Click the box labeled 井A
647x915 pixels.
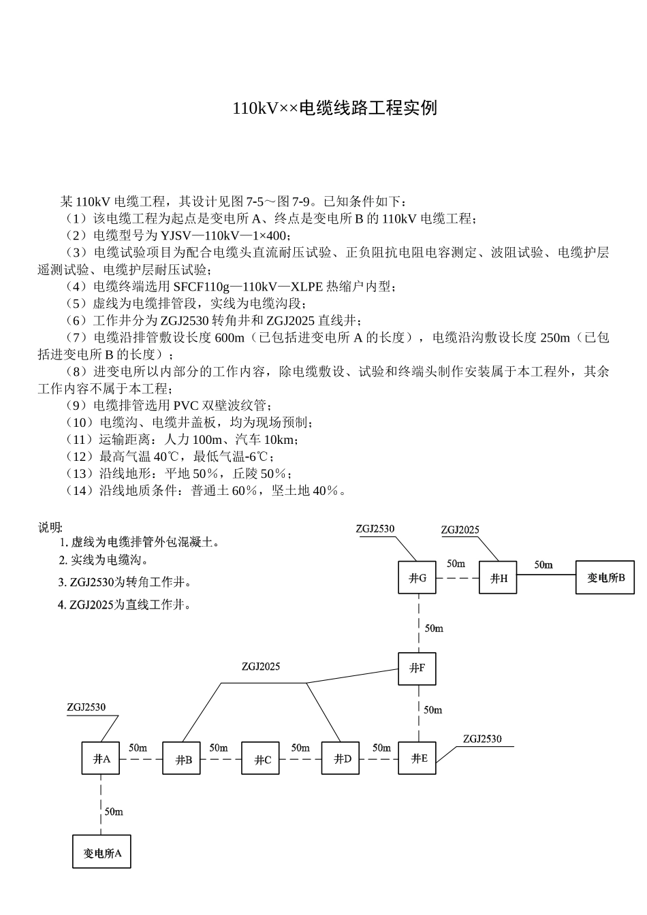point(101,758)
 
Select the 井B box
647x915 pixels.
point(182,758)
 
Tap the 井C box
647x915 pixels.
point(261,758)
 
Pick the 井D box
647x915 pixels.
point(341,758)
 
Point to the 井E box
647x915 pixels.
point(417,758)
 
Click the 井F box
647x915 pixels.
point(417,668)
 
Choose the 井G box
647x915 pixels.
point(417,578)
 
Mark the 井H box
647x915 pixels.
point(498,578)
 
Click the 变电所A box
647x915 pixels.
point(101,852)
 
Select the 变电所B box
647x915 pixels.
point(605,577)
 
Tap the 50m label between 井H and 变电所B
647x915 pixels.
point(543,564)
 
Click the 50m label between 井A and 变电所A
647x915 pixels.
point(114,812)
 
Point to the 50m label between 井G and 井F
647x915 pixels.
point(434,628)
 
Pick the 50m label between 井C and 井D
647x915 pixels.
point(300,748)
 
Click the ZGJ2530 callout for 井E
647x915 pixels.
point(482,739)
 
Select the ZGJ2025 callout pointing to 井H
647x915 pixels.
point(460,530)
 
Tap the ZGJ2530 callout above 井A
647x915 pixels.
point(86,707)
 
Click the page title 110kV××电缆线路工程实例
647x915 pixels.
point(334,108)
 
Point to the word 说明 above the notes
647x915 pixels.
point(50,527)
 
